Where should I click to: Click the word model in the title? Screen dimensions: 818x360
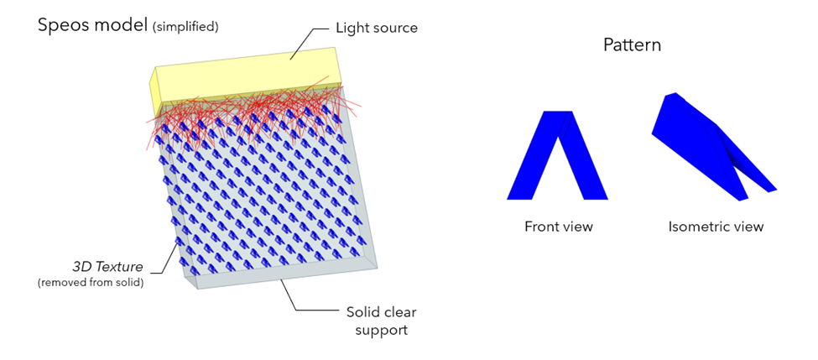click(122, 25)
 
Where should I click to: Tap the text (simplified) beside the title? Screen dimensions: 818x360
click(185, 27)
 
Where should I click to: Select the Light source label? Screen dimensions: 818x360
click(377, 28)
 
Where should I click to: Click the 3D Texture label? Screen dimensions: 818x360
click(107, 267)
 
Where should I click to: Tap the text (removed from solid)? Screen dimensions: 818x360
click(91, 284)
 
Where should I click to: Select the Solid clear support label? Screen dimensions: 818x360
click(382, 321)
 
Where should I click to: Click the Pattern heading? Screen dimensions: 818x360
click(632, 44)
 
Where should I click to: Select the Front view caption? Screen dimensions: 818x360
click(559, 227)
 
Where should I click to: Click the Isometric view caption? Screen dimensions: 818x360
click(716, 227)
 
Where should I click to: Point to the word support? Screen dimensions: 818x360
click(382, 331)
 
